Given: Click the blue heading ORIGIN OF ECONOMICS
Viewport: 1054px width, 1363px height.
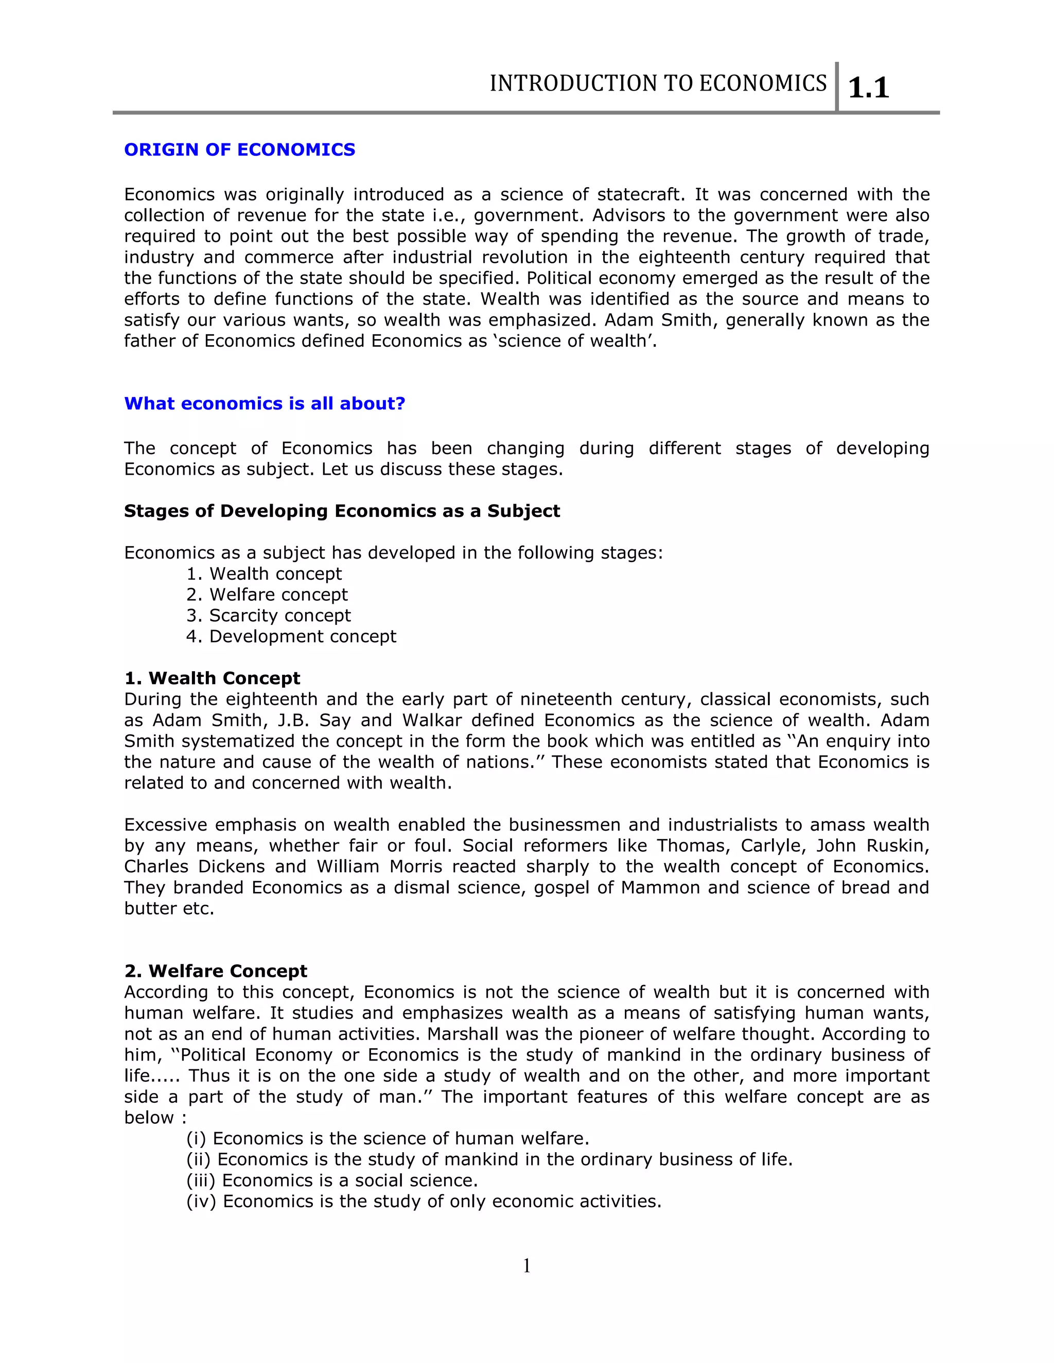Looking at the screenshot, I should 239,150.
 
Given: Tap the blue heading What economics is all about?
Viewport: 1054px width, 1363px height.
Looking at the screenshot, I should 265,404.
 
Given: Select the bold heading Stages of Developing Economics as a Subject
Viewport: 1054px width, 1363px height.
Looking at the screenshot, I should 342,511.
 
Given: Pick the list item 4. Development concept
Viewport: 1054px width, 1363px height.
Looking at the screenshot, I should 291,637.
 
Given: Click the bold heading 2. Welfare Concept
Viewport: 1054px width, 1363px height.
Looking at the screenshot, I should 216,971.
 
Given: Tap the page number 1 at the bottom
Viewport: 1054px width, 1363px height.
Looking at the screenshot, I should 526,1266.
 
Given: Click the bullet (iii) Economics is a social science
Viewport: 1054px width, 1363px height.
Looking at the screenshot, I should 331,1181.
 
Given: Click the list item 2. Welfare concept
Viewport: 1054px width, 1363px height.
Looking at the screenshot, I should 267,595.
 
